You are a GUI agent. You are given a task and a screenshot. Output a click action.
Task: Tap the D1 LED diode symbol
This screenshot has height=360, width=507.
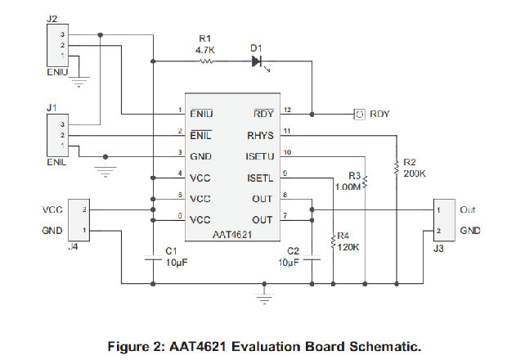tap(258, 61)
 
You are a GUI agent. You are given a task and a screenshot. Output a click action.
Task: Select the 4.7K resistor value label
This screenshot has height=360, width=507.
tap(205, 49)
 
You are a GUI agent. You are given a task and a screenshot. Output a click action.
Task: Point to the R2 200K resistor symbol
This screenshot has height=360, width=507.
tap(396, 167)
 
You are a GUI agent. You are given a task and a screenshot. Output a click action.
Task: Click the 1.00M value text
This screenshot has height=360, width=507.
tap(349, 186)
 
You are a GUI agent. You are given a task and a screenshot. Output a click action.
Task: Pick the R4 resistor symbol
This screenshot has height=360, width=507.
tap(334, 240)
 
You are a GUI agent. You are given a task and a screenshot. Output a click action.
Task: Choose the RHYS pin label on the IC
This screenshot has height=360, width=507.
tap(260, 134)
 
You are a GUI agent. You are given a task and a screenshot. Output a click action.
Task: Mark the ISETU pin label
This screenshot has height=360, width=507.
tap(261, 155)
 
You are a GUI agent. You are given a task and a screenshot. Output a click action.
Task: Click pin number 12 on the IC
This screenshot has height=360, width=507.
tap(287, 110)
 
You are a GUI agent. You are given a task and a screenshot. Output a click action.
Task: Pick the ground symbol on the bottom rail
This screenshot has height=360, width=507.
tap(263, 292)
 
